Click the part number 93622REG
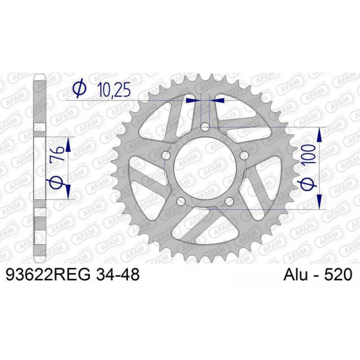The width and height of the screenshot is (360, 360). [x=47, y=275]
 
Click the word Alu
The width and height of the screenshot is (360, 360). [x=293, y=275]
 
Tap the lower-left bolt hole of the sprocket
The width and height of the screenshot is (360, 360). [x=181, y=202]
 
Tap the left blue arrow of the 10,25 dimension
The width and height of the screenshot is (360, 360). [x=191, y=100]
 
